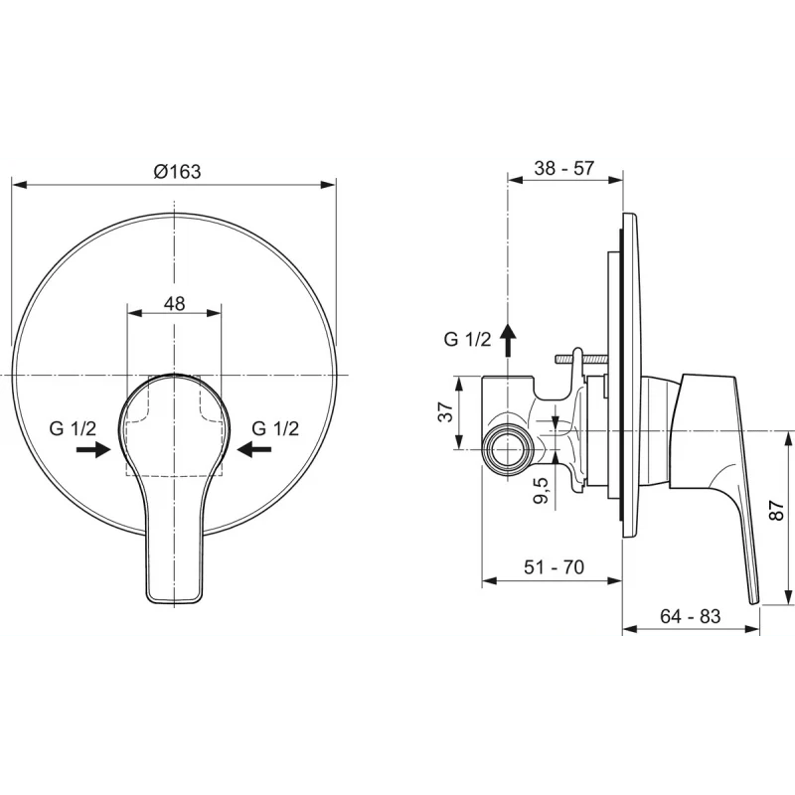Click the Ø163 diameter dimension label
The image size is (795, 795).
click(178, 171)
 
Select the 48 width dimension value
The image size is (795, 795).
click(175, 304)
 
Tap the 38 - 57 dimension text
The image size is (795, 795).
click(563, 168)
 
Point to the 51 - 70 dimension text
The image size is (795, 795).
click(555, 566)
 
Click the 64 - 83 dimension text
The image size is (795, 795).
click(690, 616)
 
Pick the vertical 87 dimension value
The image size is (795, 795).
click(777, 510)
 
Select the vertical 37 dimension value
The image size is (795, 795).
click(445, 411)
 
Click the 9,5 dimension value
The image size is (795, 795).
click(542, 490)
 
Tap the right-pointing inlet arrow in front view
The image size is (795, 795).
click(93, 449)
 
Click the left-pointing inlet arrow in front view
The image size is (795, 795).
click(254, 449)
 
